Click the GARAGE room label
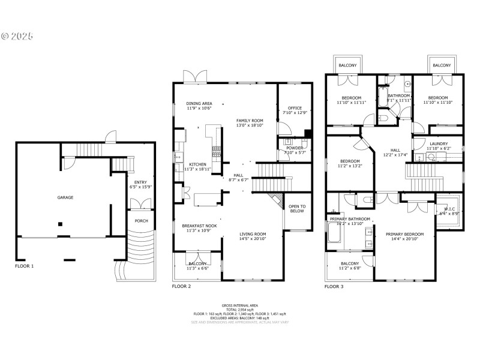click(x=65, y=197)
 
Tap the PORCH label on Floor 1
click(x=141, y=221)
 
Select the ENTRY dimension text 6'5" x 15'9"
click(x=140, y=187)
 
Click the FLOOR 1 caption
click(x=25, y=265)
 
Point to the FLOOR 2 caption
click(x=181, y=286)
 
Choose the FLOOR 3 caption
click(x=334, y=286)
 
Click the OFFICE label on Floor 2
click(x=295, y=108)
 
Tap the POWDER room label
click(x=294, y=147)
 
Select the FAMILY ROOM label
click(x=250, y=121)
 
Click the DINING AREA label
click(x=199, y=103)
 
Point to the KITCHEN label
click(x=198, y=164)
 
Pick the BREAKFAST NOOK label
click(x=199, y=226)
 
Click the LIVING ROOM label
click(x=253, y=234)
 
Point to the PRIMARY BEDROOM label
click(x=405, y=234)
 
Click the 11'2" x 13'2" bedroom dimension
click(x=350, y=166)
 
